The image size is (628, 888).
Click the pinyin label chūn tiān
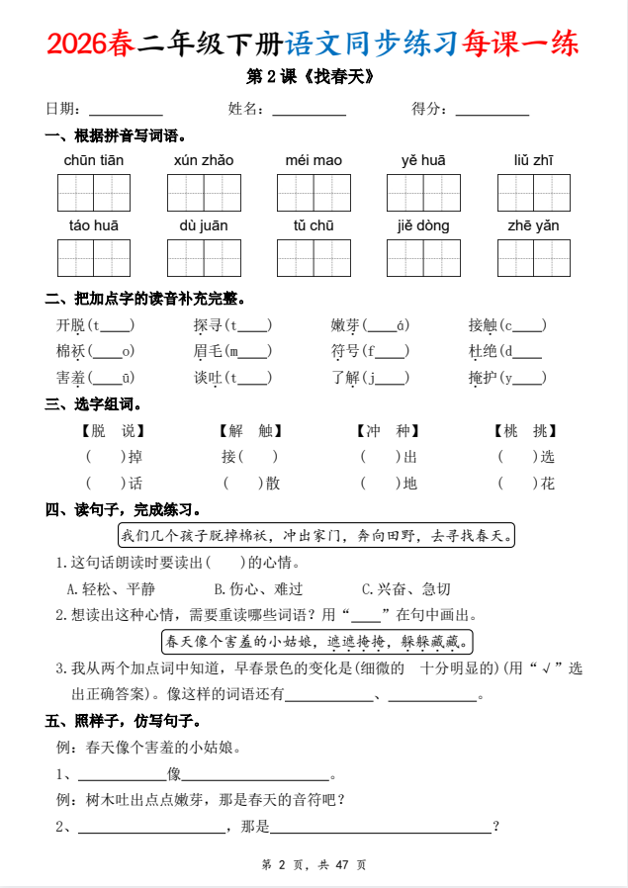pyautogui.click(x=94, y=160)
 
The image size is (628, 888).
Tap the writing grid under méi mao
pyautogui.click(x=314, y=192)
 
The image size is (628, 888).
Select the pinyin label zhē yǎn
pyautogui.click(x=533, y=225)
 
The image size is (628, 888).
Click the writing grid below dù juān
pyautogui.click(x=204, y=257)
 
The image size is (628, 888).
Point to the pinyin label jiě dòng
pyautogui.click(x=423, y=225)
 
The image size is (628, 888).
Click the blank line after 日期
pyautogui.click(x=126, y=111)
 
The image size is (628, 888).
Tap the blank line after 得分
pyautogui.click(x=493, y=111)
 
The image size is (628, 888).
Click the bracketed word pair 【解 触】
pyautogui.click(x=250, y=431)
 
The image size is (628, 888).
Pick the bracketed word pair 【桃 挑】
pyautogui.click(x=525, y=431)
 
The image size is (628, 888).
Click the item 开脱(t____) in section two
pyautogui.click(x=96, y=324)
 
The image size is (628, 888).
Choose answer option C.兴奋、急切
pyautogui.click(x=405, y=588)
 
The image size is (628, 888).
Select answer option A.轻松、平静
pyautogui.click(x=111, y=588)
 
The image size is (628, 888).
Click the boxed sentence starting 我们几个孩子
pyautogui.click(x=317, y=536)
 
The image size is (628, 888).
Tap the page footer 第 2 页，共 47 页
pyautogui.click(x=314, y=864)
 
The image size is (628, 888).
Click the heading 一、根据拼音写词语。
pyautogui.click(x=116, y=135)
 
